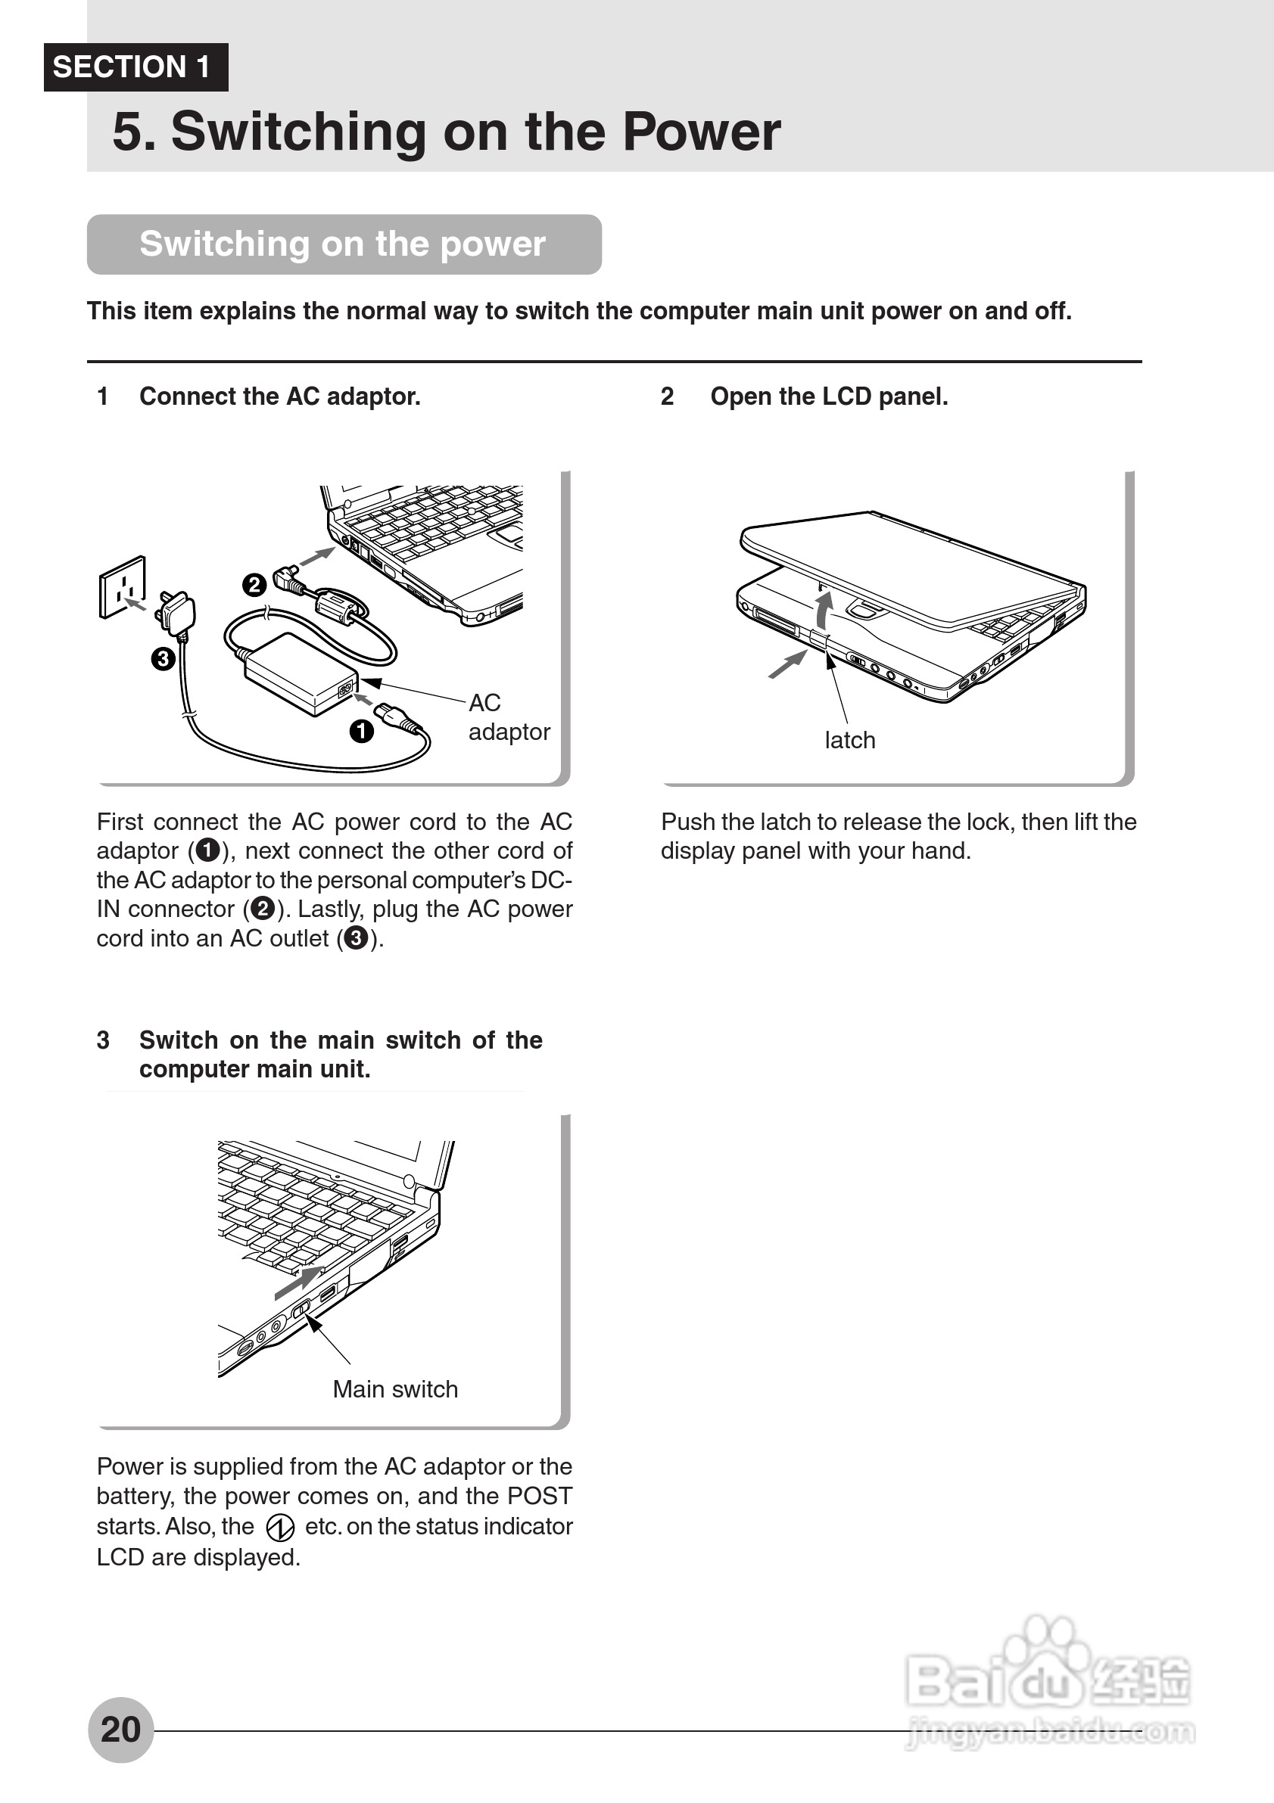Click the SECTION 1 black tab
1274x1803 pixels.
tap(135, 67)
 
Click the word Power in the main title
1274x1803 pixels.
tap(701, 132)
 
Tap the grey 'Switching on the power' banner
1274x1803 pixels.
tap(343, 244)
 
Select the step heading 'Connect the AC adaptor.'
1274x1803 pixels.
tap(279, 396)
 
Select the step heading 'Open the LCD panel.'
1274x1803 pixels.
tap(829, 396)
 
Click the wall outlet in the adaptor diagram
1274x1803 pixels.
tap(123, 586)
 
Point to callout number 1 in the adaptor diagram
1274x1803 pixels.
tap(361, 731)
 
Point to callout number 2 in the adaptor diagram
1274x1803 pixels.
tap(254, 585)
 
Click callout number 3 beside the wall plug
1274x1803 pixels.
tap(163, 658)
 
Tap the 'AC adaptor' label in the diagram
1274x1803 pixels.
tap(508, 717)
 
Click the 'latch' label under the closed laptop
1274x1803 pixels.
tap(850, 741)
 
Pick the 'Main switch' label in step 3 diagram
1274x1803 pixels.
tap(395, 1389)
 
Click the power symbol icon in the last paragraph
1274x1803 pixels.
tap(279, 1528)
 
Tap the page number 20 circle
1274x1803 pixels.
tap(120, 1730)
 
